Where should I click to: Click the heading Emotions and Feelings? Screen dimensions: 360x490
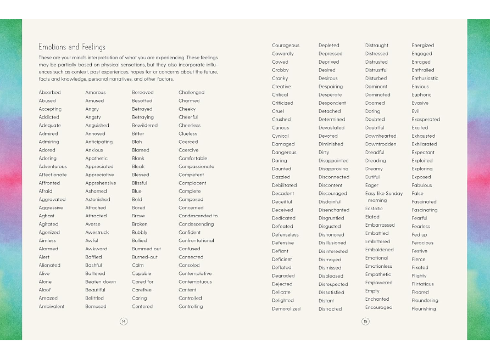(72, 47)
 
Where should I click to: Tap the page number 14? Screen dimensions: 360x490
(124, 321)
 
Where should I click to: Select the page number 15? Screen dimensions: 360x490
(365, 321)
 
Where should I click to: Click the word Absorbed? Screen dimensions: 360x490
(50, 93)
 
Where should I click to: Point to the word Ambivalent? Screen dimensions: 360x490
(52, 307)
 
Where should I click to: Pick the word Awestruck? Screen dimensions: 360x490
(97, 233)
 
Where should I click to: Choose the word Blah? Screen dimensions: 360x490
(137, 142)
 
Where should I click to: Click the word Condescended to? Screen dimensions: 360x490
(198, 216)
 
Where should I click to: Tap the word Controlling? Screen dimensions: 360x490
(191, 307)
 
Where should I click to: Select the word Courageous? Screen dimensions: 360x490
(286, 46)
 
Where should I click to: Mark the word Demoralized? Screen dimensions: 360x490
(286, 309)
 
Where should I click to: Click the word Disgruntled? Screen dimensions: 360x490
(331, 218)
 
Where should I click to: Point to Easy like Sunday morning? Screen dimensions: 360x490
(384, 197)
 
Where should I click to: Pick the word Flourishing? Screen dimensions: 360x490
(424, 309)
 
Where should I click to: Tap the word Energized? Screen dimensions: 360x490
(423, 46)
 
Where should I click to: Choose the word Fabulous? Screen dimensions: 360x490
(422, 185)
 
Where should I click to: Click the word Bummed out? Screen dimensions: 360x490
(146, 249)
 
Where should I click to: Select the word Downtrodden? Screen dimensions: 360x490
(381, 144)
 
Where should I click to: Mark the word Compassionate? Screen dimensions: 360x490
(196, 167)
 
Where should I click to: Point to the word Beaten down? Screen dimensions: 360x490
(101, 282)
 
